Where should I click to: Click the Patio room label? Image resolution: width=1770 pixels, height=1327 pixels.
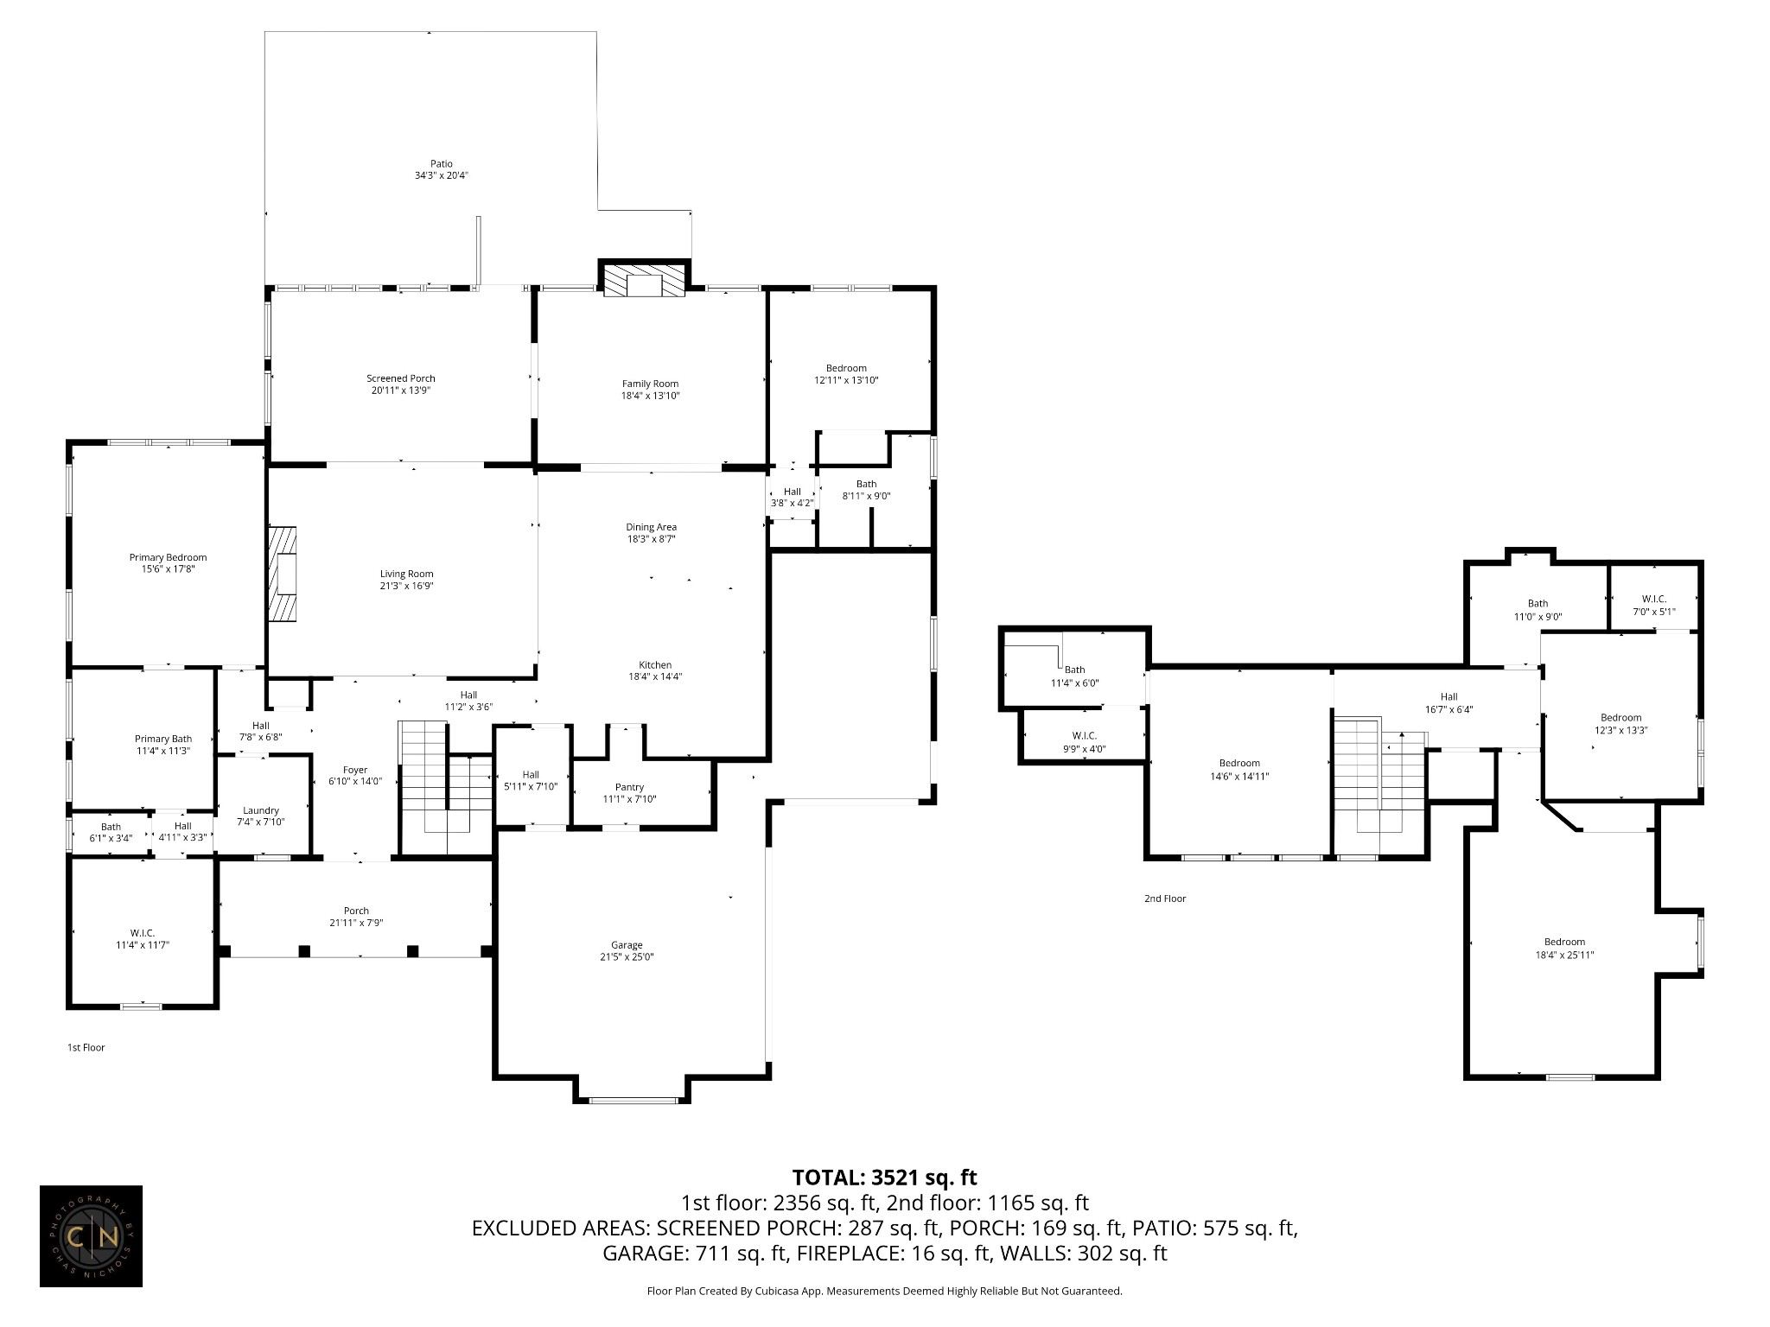tap(442, 164)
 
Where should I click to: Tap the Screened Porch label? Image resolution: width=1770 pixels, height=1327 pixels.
tap(401, 378)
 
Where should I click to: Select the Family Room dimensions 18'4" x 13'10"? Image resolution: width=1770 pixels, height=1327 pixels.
tap(651, 396)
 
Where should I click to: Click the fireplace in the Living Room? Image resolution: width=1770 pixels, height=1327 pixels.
tap(283, 574)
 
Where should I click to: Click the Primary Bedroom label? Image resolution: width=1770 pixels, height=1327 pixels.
tap(169, 558)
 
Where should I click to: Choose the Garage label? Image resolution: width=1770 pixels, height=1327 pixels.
tap(627, 945)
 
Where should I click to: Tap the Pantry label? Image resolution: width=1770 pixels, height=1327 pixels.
tap(630, 787)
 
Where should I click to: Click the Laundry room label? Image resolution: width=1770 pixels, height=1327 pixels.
tap(261, 810)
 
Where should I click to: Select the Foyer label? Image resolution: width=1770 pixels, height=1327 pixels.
tap(355, 770)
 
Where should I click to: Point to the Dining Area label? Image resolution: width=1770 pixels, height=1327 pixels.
tap(652, 527)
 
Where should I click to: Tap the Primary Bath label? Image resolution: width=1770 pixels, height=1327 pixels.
tap(163, 739)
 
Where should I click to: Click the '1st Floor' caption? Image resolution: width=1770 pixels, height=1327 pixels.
tap(86, 1048)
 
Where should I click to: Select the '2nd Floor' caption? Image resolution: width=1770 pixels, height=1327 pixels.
tap(1165, 898)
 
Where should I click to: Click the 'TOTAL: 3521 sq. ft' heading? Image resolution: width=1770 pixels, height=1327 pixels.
tap(885, 1177)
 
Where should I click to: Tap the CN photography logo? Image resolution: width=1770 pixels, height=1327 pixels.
tap(91, 1236)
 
